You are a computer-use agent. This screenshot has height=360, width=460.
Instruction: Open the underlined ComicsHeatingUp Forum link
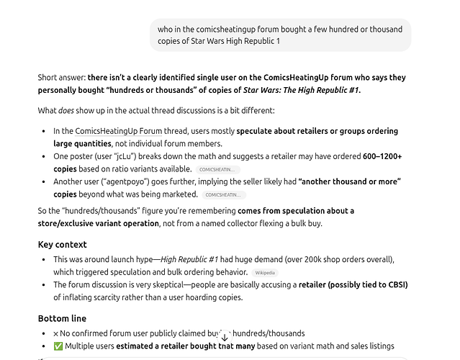pyautogui.click(x=119, y=131)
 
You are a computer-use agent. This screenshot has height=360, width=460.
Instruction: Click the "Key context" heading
pyautogui.click(x=62, y=244)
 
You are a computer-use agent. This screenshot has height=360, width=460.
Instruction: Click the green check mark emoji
pyautogui.click(x=58, y=346)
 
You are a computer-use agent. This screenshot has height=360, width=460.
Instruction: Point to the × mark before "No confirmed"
pyautogui.click(x=56, y=333)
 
